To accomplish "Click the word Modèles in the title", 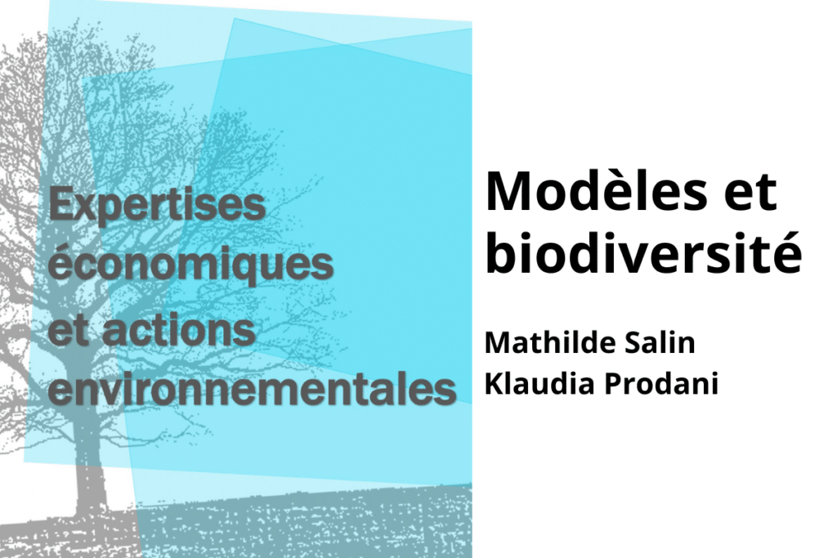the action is (x=597, y=191).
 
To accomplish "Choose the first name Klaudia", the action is (x=539, y=383).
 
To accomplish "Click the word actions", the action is (x=178, y=330).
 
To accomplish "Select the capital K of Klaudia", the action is (x=494, y=383).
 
